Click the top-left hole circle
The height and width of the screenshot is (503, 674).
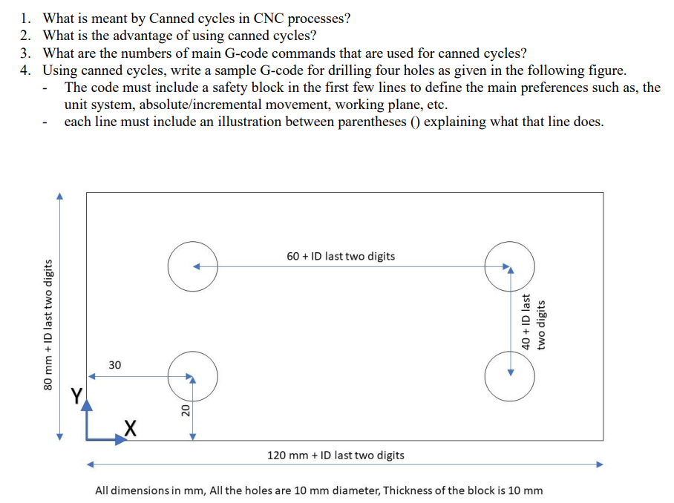click(x=192, y=266)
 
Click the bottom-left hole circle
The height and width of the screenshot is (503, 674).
click(x=192, y=376)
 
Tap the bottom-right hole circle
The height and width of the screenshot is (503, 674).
click(x=509, y=376)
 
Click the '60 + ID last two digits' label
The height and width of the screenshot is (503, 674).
click(x=341, y=256)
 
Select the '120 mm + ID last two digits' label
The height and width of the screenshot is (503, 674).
click(x=336, y=455)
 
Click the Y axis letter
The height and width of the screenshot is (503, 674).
click(x=76, y=395)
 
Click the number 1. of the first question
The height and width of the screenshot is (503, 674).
click(x=26, y=19)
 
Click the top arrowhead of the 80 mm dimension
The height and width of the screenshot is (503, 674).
click(x=60, y=196)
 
